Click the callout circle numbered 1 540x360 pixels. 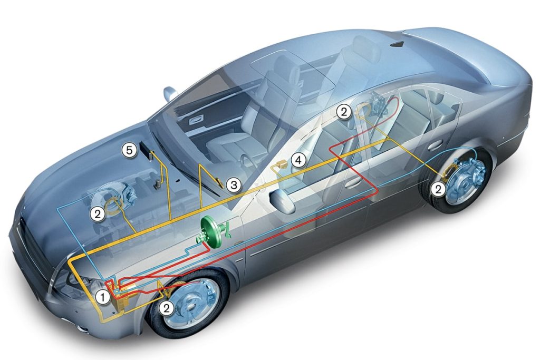coord(103,297)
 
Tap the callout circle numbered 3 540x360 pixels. coord(234,185)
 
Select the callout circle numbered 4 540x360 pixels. coord(298,160)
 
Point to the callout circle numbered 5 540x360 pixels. coord(129,150)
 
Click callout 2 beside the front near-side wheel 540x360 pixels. coord(167,308)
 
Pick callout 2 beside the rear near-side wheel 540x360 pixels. coord(438,189)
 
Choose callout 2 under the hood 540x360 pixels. coord(98,213)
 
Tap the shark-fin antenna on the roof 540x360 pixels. coord(399,44)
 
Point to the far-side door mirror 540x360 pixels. coord(170,93)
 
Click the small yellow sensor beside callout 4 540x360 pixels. coord(282,164)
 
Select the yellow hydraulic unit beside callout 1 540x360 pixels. coord(121,296)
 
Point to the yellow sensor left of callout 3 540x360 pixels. coord(219,181)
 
